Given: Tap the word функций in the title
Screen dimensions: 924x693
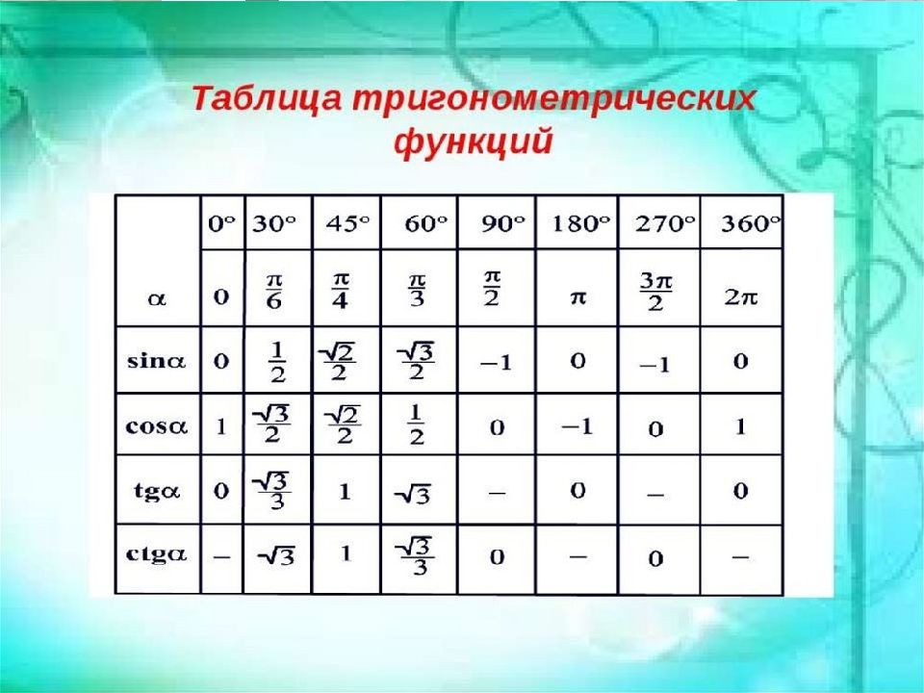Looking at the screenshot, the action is [474, 142].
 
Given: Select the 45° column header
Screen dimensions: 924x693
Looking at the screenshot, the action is [348, 223].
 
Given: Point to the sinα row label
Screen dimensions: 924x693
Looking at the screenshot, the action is [157, 360].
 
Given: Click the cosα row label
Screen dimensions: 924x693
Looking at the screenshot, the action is [157, 426].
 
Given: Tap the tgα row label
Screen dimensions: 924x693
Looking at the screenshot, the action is [157, 491].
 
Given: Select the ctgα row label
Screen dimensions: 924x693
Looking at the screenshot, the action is [157, 554].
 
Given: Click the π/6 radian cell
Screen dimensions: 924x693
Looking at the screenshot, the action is [274, 291].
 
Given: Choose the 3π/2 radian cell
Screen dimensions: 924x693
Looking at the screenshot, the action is [655, 293].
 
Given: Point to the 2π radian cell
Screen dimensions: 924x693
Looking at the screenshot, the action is [741, 297].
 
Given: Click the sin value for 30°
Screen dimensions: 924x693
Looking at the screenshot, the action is [277, 363].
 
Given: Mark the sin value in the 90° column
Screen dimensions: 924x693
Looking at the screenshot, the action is [497, 363].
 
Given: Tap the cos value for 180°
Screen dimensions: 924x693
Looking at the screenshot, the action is [577, 426].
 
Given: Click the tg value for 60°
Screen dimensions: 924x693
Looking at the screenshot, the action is [412, 495].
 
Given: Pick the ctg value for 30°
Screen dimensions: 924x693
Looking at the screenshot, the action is [276, 555].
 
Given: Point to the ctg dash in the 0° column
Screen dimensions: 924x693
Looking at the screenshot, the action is [221, 556].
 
